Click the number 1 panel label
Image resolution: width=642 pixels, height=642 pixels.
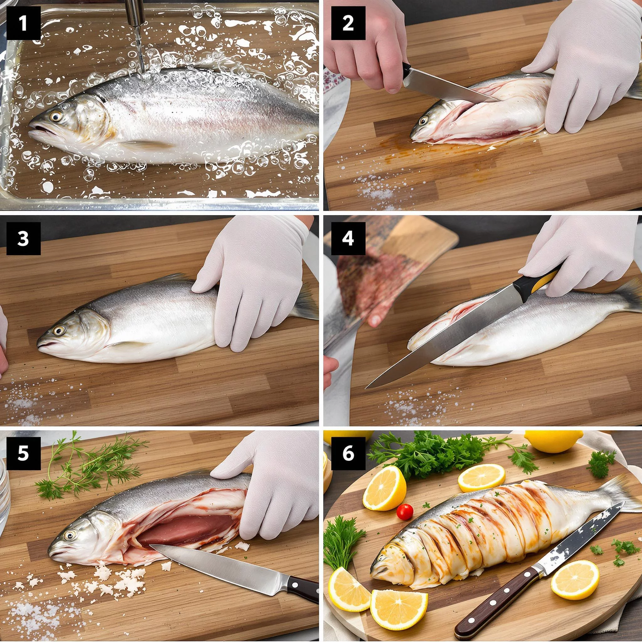tap(23, 23)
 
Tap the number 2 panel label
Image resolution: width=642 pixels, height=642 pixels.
tap(348, 23)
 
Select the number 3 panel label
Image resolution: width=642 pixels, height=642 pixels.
tap(23, 238)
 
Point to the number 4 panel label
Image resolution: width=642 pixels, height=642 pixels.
tap(348, 238)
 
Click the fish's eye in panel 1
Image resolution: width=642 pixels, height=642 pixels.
tap(56, 116)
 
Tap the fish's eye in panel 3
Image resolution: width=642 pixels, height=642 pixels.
tap(59, 330)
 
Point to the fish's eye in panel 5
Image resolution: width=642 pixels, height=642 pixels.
tap(70, 535)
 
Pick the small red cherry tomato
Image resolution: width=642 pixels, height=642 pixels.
tap(405, 512)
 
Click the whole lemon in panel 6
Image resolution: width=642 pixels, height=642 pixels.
tap(554, 441)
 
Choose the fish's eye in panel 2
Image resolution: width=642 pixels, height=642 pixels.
tap(423, 121)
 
